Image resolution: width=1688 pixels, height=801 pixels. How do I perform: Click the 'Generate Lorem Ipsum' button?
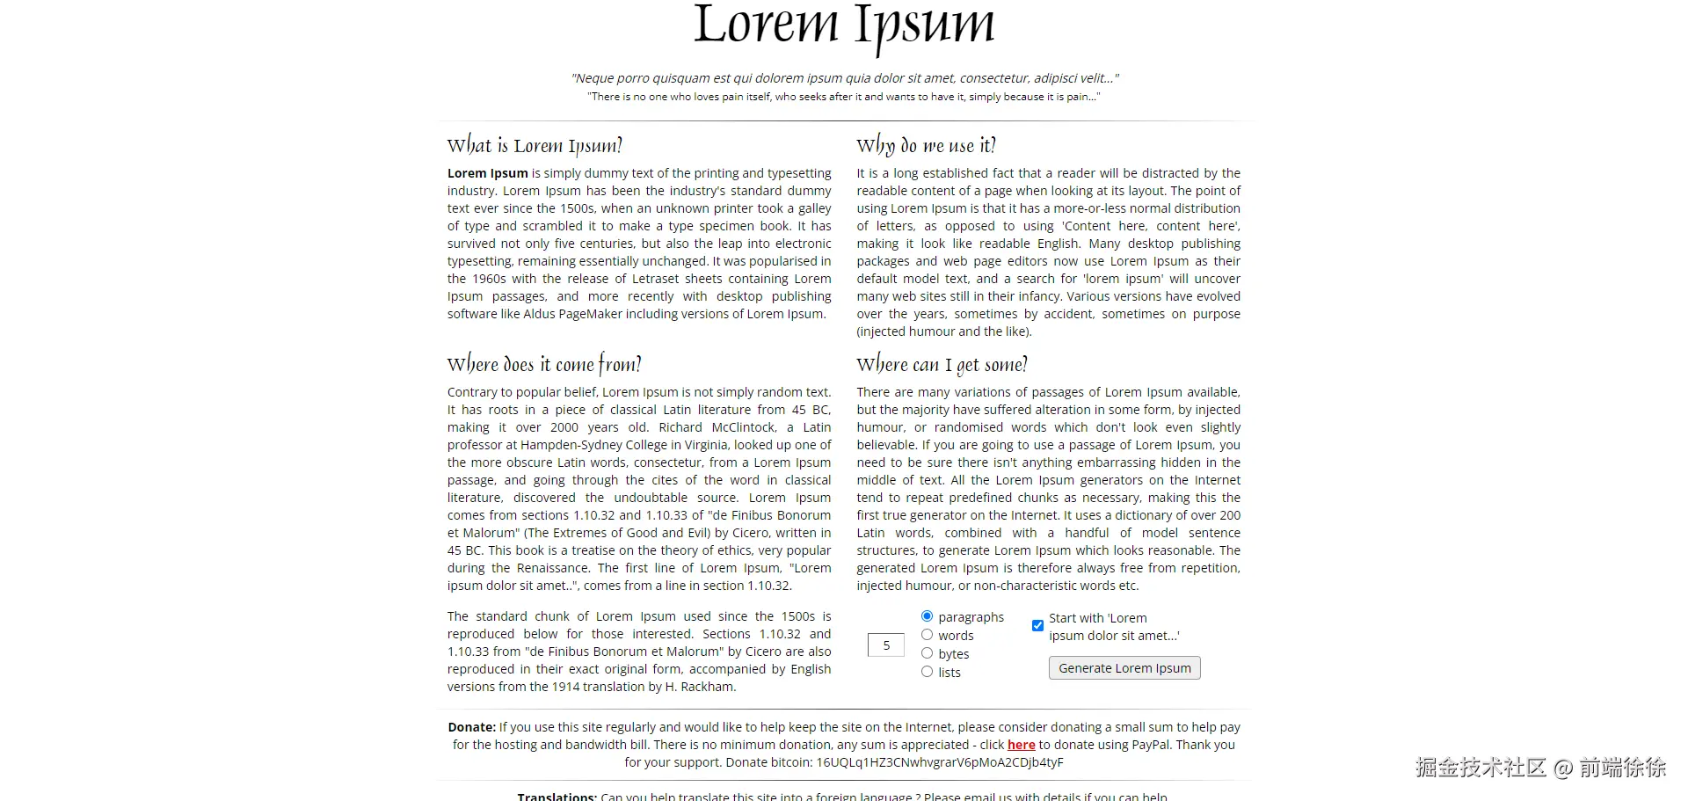click(x=1124, y=668)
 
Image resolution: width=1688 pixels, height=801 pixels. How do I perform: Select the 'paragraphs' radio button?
click(x=927, y=616)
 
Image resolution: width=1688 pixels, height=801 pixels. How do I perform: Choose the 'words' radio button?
click(x=927, y=635)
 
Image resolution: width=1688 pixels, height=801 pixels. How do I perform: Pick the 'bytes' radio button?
click(x=927, y=653)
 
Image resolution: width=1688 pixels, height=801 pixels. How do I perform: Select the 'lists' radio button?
click(x=927, y=672)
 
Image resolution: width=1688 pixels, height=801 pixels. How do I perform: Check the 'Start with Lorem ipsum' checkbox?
click(x=1037, y=626)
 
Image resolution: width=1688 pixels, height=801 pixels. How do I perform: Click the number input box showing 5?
click(x=885, y=645)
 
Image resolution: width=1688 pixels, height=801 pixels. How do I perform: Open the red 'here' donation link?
click(x=1021, y=745)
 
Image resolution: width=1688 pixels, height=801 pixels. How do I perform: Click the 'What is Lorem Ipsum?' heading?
click(x=535, y=145)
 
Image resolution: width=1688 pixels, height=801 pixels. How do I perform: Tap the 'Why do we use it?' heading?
click(x=926, y=145)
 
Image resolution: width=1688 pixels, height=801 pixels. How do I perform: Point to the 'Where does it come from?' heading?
click(x=544, y=364)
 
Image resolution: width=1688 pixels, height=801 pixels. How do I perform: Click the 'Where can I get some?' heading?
click(x=942, y=364)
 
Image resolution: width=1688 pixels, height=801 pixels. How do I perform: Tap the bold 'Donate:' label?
click(x=472, y=727)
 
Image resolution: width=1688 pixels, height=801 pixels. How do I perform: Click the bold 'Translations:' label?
click(x=557, y=796)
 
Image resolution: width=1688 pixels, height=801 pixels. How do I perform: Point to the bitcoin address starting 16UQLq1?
click(x=940, y=762)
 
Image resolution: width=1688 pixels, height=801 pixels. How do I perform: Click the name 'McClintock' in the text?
click(x=744, y=427)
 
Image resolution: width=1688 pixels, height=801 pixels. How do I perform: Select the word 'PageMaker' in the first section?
click(x=615, y=314)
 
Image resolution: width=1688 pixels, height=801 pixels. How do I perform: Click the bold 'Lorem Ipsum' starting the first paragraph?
click(x=487, y=173)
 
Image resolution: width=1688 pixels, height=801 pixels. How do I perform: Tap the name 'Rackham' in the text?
click(x=706, y=687)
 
